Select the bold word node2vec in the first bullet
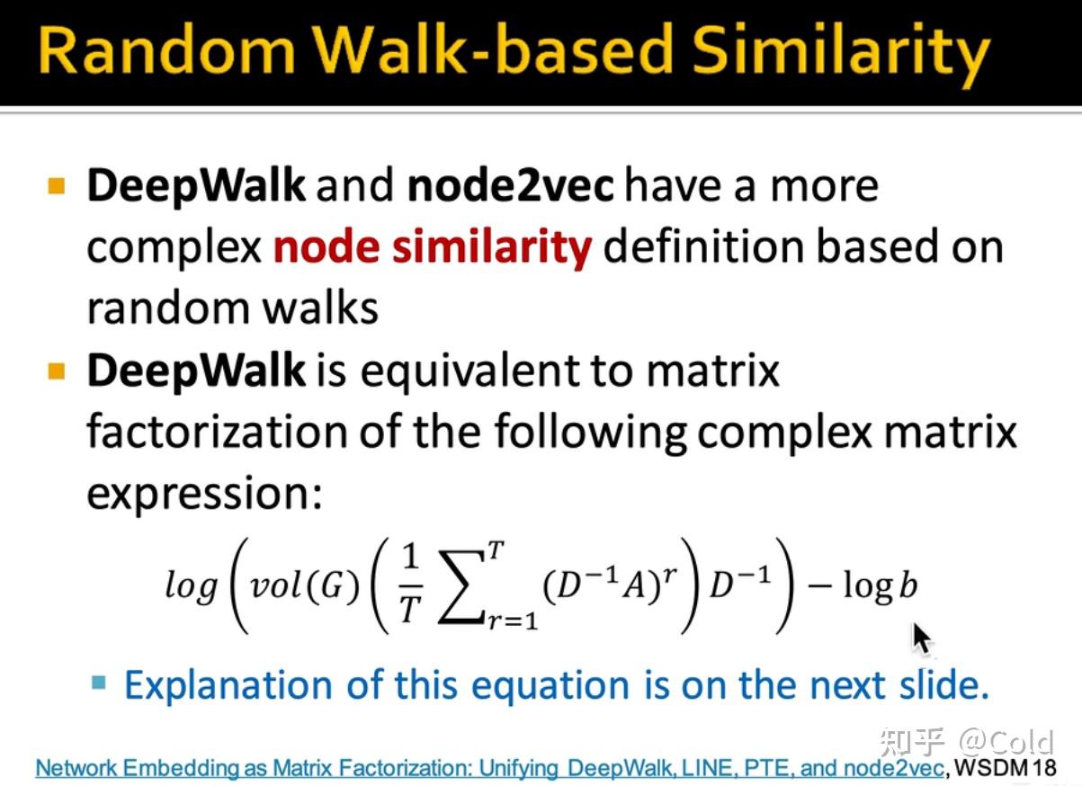511,185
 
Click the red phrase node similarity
433,247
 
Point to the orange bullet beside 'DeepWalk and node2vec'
57,186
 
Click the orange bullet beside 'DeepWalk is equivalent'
57,371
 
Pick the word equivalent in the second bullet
470,372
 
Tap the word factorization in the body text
217,432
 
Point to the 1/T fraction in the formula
410,586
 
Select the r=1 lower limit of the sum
513,621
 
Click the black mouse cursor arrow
923,639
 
